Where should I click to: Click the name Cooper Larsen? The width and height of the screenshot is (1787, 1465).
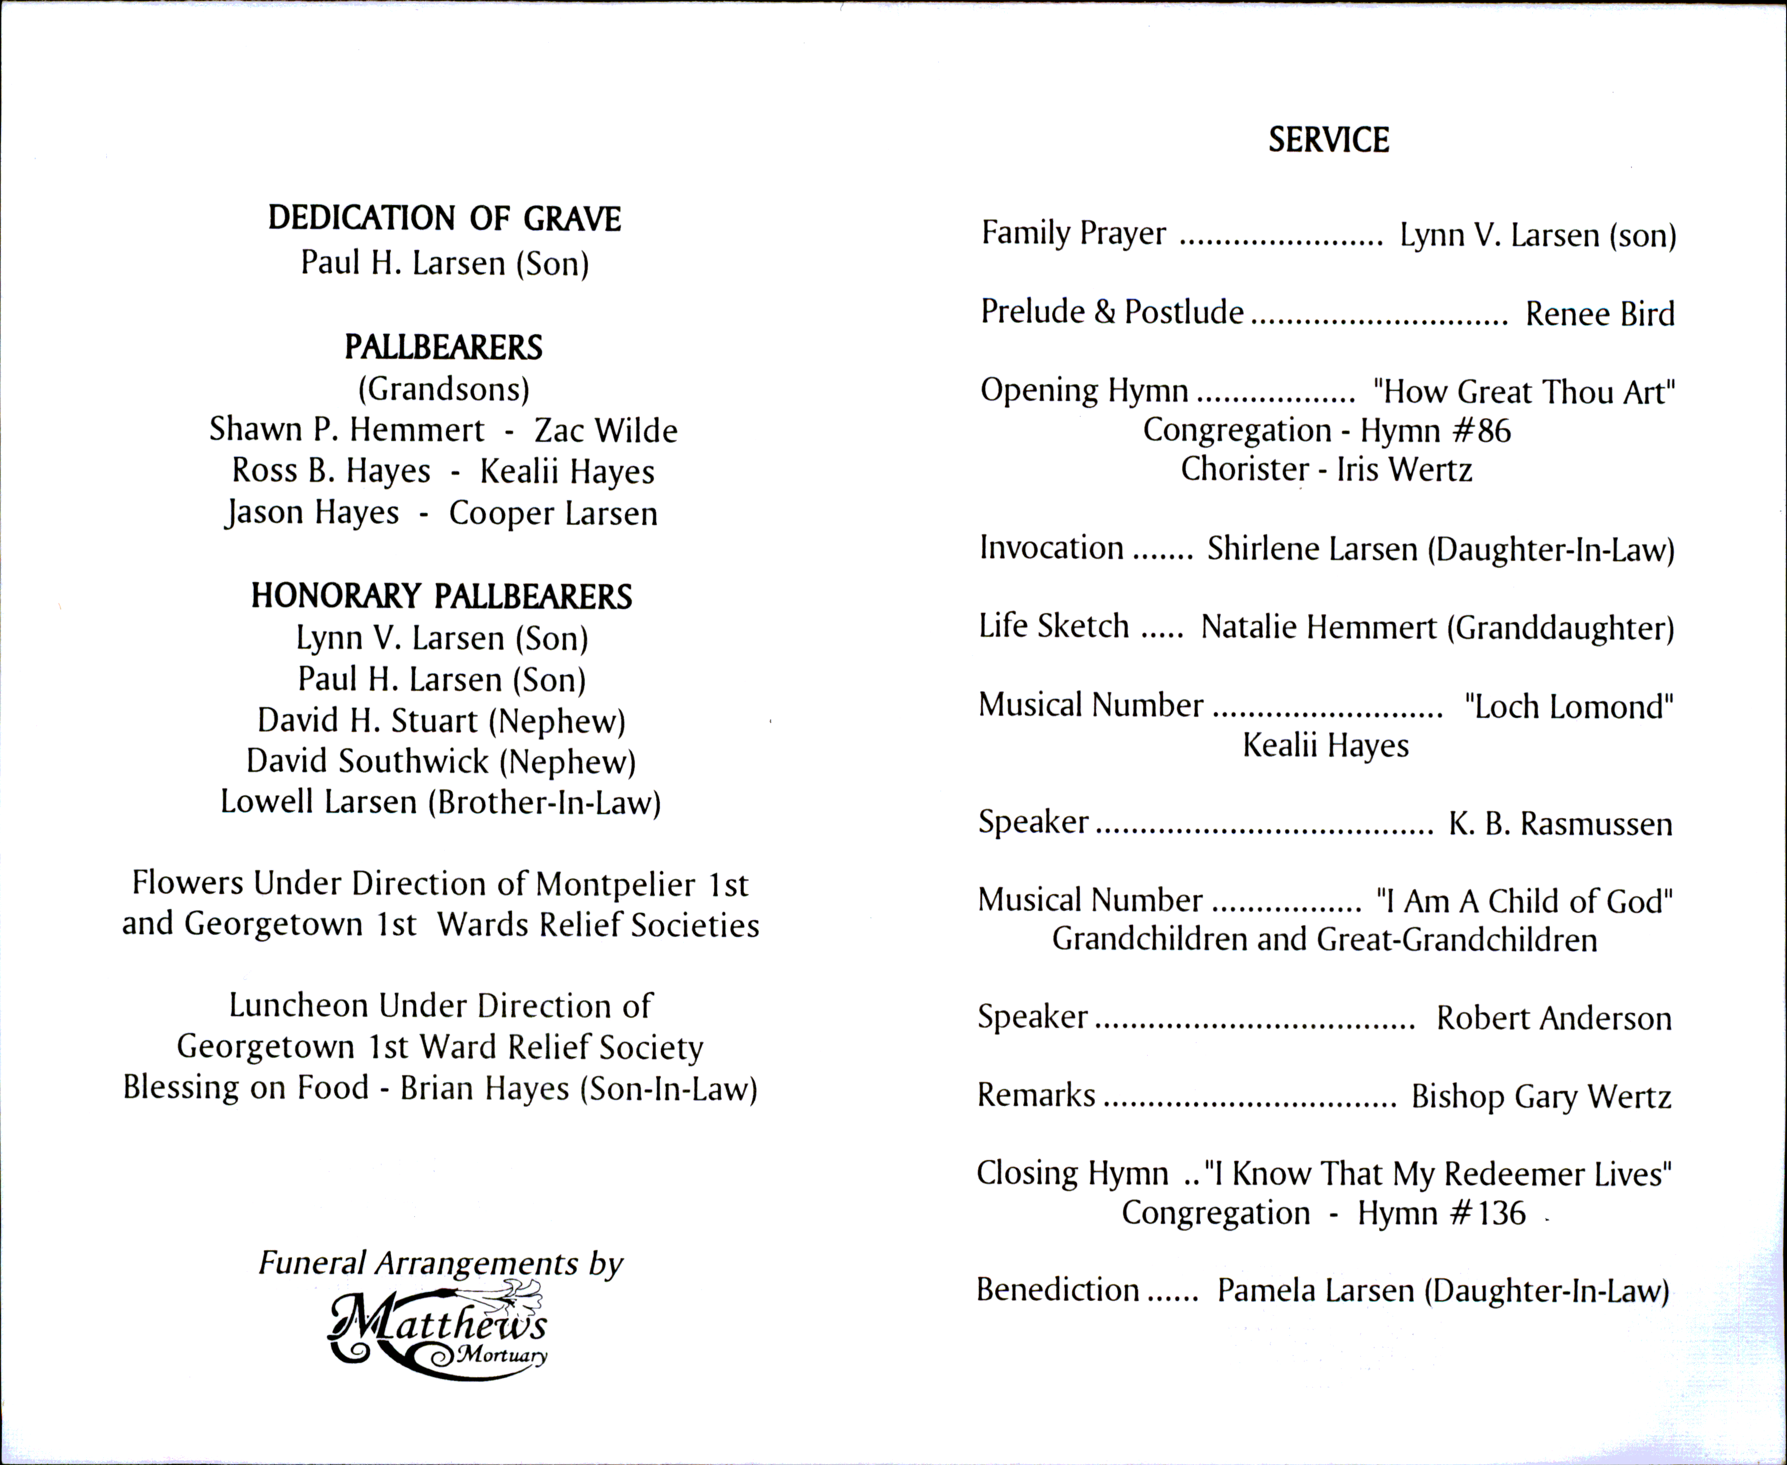pos(552,513)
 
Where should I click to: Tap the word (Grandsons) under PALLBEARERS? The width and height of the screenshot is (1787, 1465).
pos(444,389)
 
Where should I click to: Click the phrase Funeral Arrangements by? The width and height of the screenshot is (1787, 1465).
pos(440,1263)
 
